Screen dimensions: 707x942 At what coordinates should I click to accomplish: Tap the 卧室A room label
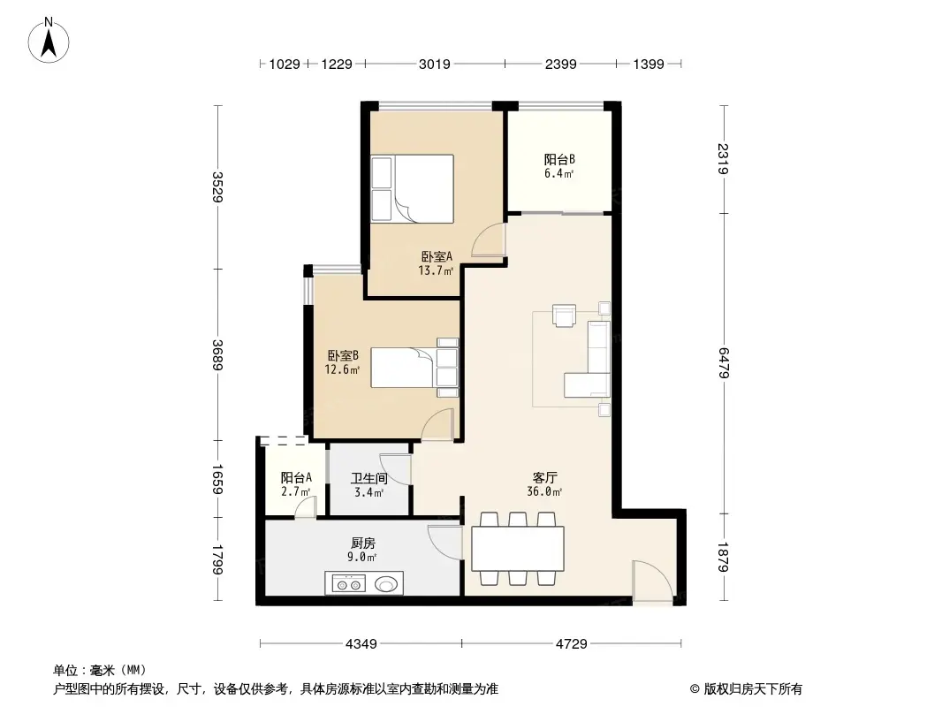(x=437, y=263)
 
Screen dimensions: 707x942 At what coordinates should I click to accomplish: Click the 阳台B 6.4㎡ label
(x=559, y=166)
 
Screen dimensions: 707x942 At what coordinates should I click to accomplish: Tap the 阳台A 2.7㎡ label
(x=295, y=485)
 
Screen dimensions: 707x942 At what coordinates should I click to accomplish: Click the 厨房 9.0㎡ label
(x=362, y=550)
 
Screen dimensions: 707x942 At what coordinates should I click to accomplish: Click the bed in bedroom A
(x=413, y=188)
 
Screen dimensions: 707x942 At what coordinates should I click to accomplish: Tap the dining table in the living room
(x=518, y=549)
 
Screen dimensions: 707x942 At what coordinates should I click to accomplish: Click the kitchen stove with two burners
(x=346, y=583)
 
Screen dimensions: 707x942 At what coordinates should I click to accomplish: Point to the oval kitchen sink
(x=386, y=583)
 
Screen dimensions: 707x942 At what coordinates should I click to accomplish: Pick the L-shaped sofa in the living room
(x=592, y=361)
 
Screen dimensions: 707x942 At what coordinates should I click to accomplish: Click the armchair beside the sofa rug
(x=563, y=315)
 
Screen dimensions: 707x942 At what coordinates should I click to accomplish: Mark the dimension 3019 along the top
(x=434, y=64)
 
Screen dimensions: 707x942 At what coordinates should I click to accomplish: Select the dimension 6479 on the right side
(x=724, y=363)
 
